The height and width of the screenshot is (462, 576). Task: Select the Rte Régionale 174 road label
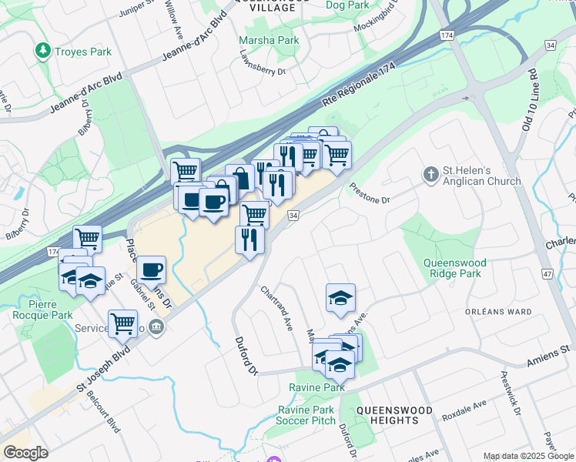[x=359, y=89]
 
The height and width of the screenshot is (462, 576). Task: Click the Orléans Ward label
[x=498, y=312]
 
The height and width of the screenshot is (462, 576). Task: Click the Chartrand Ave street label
[x=276, y=308]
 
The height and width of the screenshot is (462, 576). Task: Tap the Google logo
[x=25, y=453]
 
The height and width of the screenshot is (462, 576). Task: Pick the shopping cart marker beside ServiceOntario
[x=122, y=323]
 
